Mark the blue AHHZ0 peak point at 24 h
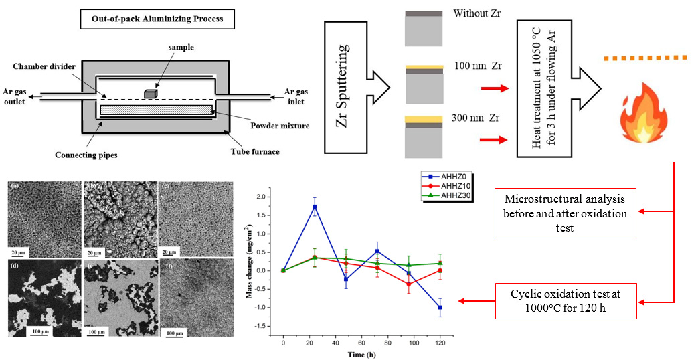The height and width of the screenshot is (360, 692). (315, 207)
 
